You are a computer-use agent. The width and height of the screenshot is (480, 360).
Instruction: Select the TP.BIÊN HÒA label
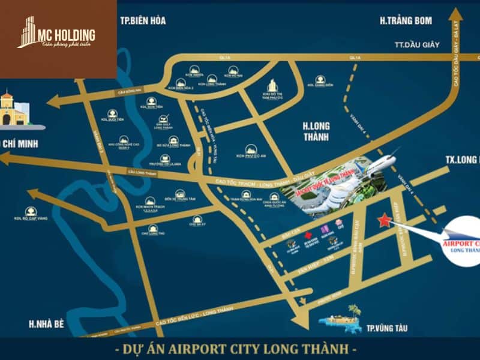(x=143, y=21)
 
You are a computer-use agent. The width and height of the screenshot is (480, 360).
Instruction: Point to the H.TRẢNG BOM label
(x=406, y=21)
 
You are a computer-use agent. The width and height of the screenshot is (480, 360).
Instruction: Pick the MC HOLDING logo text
(x=65, y=34)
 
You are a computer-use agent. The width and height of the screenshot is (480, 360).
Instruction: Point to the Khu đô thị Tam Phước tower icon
(x=272, y=86)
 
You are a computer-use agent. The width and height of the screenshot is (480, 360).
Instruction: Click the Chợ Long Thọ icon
(x=154, y=229)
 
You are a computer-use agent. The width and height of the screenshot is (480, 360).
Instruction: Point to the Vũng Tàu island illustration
(x=341, y=322)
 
